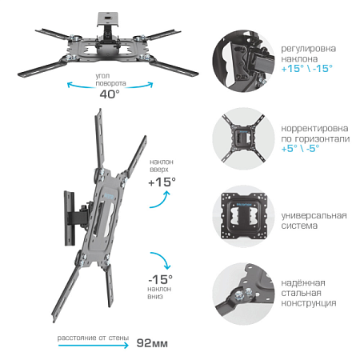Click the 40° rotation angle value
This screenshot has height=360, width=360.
coord(110,94)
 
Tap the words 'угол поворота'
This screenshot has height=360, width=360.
coord(110,79)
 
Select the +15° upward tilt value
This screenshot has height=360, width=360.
coord(162,182)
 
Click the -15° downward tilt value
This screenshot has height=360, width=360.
coord(160,279)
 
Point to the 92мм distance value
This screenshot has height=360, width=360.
coord(152,343)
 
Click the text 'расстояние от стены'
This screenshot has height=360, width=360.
coord(93,338)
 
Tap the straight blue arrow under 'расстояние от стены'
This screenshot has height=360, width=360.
coord(94,346)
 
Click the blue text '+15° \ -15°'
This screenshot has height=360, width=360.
coord(307,69)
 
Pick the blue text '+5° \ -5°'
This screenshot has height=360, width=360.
coord(300,148)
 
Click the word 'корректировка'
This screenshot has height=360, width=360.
coord(314,128)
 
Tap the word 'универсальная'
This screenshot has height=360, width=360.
coord(314,215)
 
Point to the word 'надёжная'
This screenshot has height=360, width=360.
coord(303,282)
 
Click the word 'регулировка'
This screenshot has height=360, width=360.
coord(309,49)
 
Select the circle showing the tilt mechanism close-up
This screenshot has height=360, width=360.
coord(243,61)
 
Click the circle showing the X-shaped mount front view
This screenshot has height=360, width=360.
coord(243,138)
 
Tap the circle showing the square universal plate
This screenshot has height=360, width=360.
coord(243,216)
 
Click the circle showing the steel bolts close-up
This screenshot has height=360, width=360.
coord(243,294)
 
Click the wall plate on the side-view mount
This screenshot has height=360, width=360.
coord(70,218)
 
